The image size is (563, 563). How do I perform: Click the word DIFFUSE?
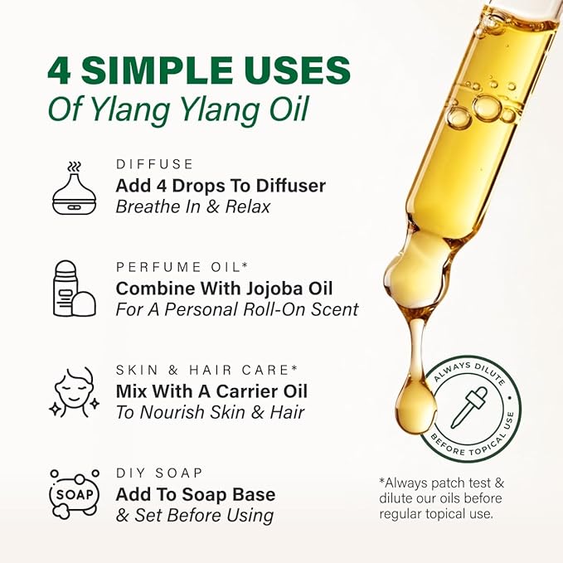point(155,164)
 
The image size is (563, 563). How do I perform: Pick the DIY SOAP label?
point(159,473)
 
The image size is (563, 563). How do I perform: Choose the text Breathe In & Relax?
point(193,206)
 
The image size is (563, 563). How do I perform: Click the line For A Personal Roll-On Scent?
point(237,309)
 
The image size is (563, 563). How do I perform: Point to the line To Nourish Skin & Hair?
point(211,412)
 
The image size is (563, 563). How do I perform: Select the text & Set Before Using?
point(194,515)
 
